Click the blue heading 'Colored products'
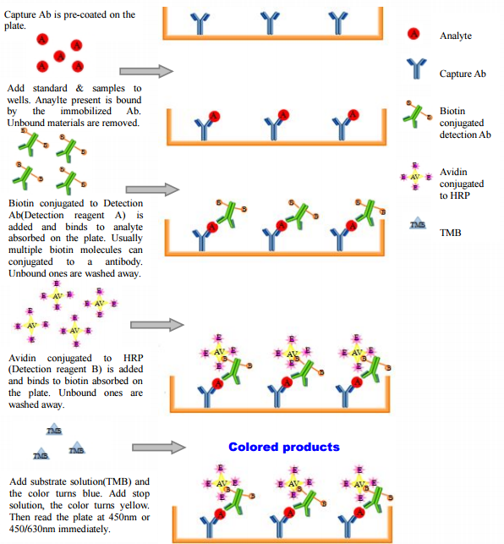point(284,447)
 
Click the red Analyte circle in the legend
point(414,34)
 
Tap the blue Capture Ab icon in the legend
point(416,69)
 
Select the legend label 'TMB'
point(450,233)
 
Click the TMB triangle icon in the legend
point(418,225)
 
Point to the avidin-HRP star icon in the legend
point(415,177)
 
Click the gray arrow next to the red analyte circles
point(146,71)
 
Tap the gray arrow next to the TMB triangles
point(159,448)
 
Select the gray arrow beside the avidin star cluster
point(157,325)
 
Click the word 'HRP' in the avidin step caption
point(134,358)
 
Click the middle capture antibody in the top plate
point(270,23)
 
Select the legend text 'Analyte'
point(456,36)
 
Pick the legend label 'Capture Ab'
point(463,74)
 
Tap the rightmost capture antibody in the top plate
point(338,23)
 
